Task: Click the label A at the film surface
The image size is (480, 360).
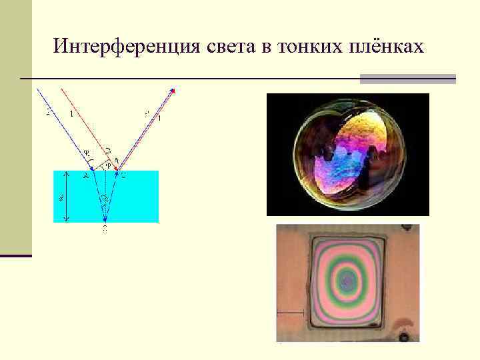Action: (86, 175)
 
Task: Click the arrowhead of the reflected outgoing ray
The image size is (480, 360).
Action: (173, 91)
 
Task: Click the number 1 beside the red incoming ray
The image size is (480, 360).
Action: (71, 114)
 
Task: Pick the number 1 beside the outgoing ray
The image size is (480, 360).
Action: (159, 118)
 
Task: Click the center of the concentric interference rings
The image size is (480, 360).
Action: (347, 283)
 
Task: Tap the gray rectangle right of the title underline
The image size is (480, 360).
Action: (407, 79)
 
